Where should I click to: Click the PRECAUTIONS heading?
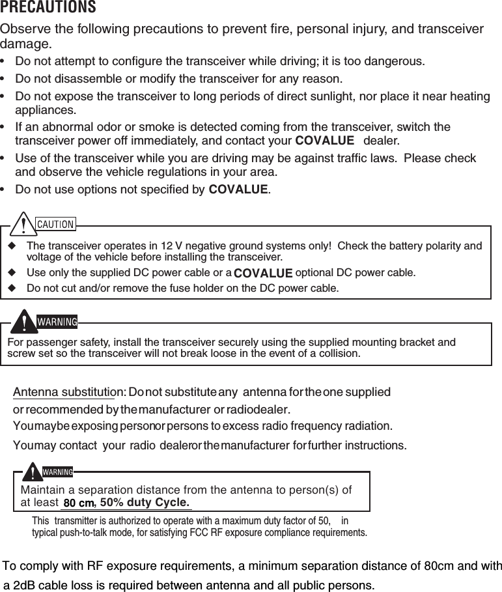49,8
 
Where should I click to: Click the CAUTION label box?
55,224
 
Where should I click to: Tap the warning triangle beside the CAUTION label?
25,224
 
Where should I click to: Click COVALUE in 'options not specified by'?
238,190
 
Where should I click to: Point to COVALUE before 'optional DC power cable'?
262,272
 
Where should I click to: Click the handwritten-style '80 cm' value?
79,503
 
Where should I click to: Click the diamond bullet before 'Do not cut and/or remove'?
12,287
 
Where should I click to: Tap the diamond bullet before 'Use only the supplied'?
12,272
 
